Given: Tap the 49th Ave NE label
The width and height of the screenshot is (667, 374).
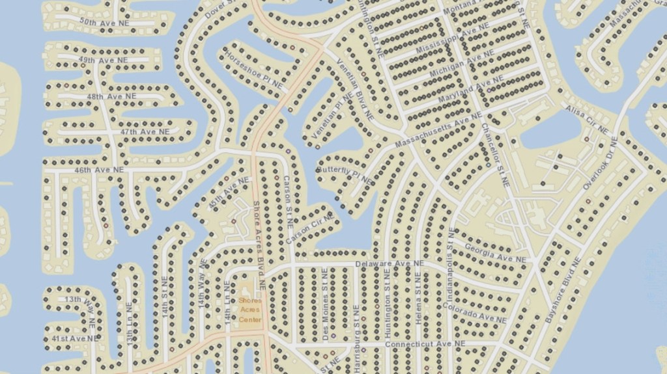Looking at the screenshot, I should click(103, 60).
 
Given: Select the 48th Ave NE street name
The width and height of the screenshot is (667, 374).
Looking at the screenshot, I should click(112, 96).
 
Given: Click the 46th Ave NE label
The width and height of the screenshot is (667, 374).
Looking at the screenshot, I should click(99, 170).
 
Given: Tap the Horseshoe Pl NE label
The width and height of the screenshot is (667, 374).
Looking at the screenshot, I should click(253, 70).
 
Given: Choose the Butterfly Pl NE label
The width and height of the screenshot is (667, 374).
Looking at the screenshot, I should click(345, 174).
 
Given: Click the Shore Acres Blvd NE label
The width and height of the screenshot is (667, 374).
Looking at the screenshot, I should click(259, 244).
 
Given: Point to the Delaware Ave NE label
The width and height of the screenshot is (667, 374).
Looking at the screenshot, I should click(390, 263).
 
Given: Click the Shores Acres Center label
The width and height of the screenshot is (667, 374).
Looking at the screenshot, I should click(249, 310).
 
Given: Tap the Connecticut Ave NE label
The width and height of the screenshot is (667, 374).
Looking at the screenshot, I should click(425, 343).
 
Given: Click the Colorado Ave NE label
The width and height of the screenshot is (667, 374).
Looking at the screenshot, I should click(474, 313).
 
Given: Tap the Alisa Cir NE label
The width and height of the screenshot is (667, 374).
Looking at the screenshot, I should click(587, 120).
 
